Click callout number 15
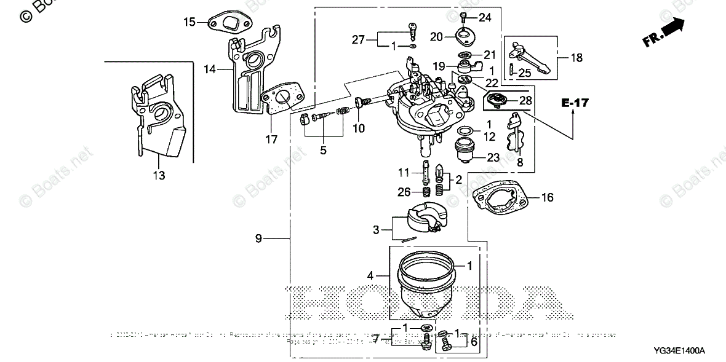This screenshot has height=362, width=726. coord(189,22)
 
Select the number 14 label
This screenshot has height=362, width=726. coord(210,69)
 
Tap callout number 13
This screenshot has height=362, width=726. coord(159,176)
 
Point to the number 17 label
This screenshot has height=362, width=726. coord(271,140)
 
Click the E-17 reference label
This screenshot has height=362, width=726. coord(575,103)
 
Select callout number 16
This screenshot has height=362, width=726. coord(547,197)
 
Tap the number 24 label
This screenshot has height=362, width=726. coord(485,17)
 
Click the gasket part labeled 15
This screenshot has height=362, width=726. coord(229,24)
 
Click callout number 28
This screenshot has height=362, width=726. coord(525,100)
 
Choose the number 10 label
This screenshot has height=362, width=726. coord(358,128)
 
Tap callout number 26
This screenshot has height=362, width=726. coord(403,192)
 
